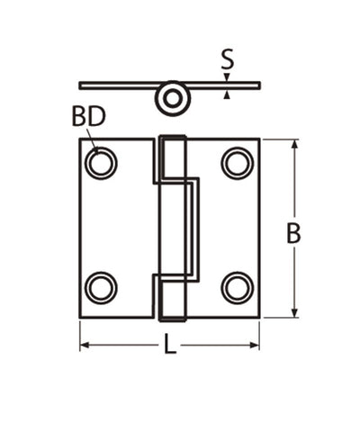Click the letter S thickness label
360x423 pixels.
[x=227, y=61]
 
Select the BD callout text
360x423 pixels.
[x=89, y=117]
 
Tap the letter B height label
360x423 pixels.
[x=293, y=233]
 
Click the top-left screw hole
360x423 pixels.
[x=101, y=163]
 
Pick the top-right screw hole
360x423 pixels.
[x=238, y=163]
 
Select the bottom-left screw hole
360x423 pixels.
[x=101, y=288]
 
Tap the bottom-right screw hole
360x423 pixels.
[x=238, y=288]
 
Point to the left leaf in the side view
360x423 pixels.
[x=117, y=85]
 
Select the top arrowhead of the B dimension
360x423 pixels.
[x=293, y=145]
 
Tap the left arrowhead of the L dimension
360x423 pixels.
[x=85, y=346]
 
